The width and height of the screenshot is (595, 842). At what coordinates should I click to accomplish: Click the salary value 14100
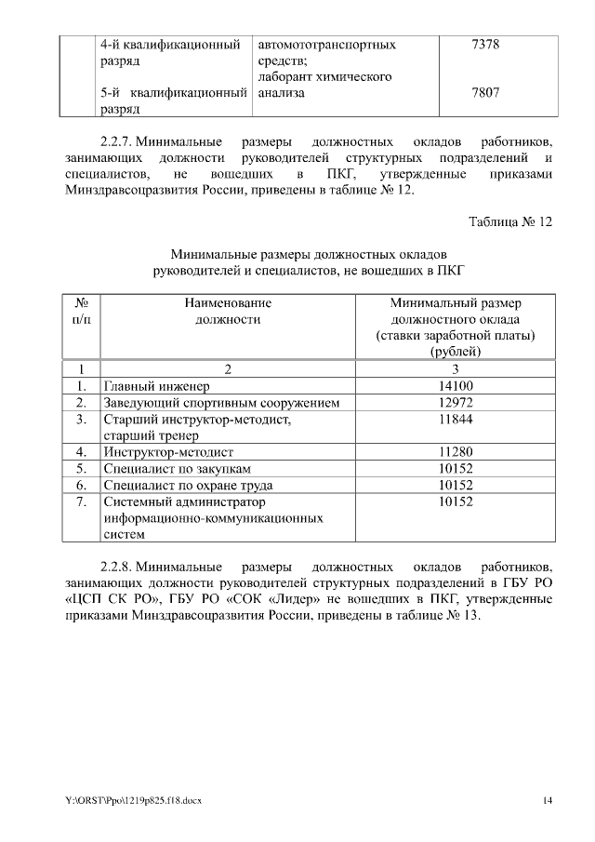[x=456, y=386]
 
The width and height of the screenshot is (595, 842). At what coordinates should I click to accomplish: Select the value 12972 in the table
[x=456, y=403]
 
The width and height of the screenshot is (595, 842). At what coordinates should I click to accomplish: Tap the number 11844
[x=456, y=420]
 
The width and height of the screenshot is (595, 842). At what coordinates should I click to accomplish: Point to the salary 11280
[x=456, y=452]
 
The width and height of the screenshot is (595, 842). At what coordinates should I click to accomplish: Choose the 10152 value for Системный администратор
[x=456, y=501]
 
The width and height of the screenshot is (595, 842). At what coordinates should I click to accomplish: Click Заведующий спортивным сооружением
[x=221, y=403]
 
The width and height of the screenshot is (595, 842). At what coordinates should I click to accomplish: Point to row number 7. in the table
[x=81, y=501]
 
